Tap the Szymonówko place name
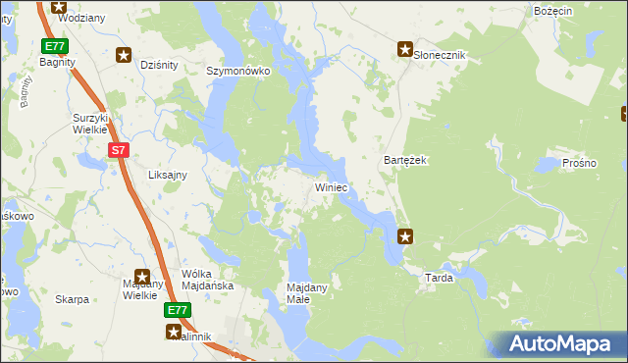click(237, 72)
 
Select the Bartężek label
click(402, 160)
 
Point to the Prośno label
click(579, 163)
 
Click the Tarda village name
click(439, 278)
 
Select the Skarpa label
click(73, 299)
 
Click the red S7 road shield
click(118, 150)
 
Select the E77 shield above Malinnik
click(177, 310)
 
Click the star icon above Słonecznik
click(404, 47)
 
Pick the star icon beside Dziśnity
click(124, 55)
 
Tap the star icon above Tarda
click(405, 235)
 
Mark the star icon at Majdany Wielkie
click(142, 278)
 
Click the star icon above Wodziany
click(58, 5)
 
